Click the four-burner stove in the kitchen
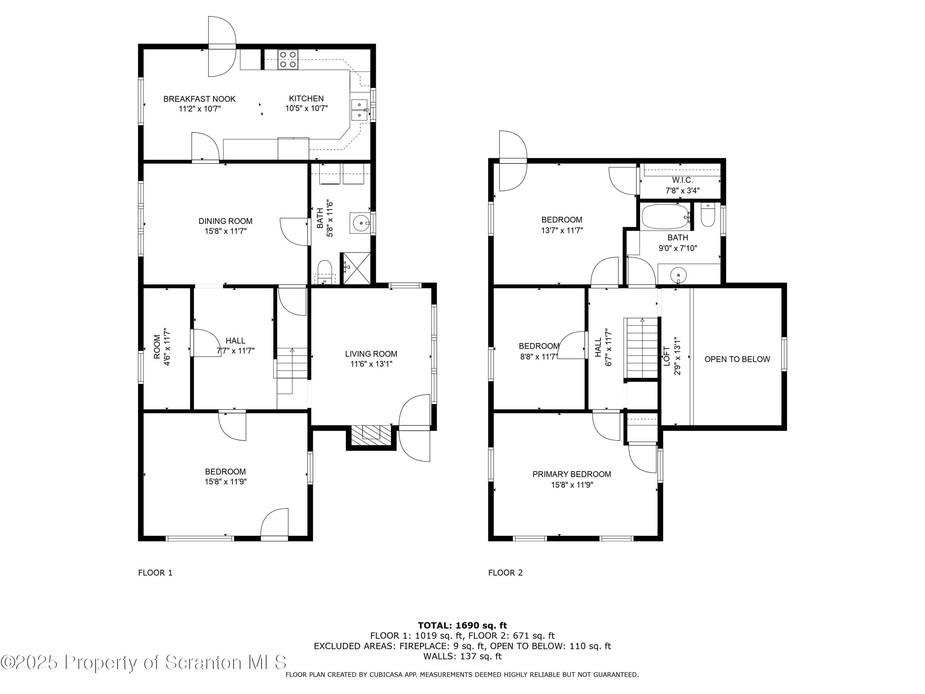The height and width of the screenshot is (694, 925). (x=288, y=60)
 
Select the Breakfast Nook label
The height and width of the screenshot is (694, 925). (x=199, y=99)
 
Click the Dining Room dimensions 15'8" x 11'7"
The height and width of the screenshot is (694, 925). (x=225, y=231)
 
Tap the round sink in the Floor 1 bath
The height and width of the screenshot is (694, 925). (x=360, y=223)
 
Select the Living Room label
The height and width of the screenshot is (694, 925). (x=371, y=354)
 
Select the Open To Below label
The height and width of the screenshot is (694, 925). (x=737, y=359)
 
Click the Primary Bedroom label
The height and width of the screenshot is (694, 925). (x=572, y=474)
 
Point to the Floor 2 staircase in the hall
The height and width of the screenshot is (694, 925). (x=641, y=348)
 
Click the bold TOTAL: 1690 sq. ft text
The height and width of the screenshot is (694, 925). (x=462, y=626)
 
